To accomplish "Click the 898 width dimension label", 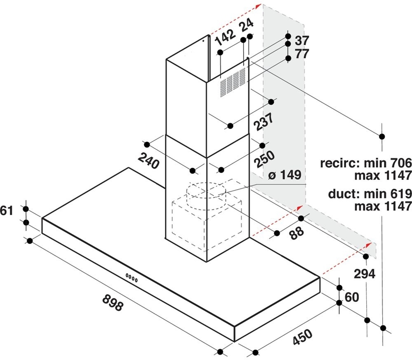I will [x=113, y=303].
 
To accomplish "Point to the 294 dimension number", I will [x=364, y=273].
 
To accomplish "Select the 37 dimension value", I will [x=302, y=40].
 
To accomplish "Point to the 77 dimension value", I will [x=302, y=53].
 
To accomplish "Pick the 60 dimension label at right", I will [x=351, y=297].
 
